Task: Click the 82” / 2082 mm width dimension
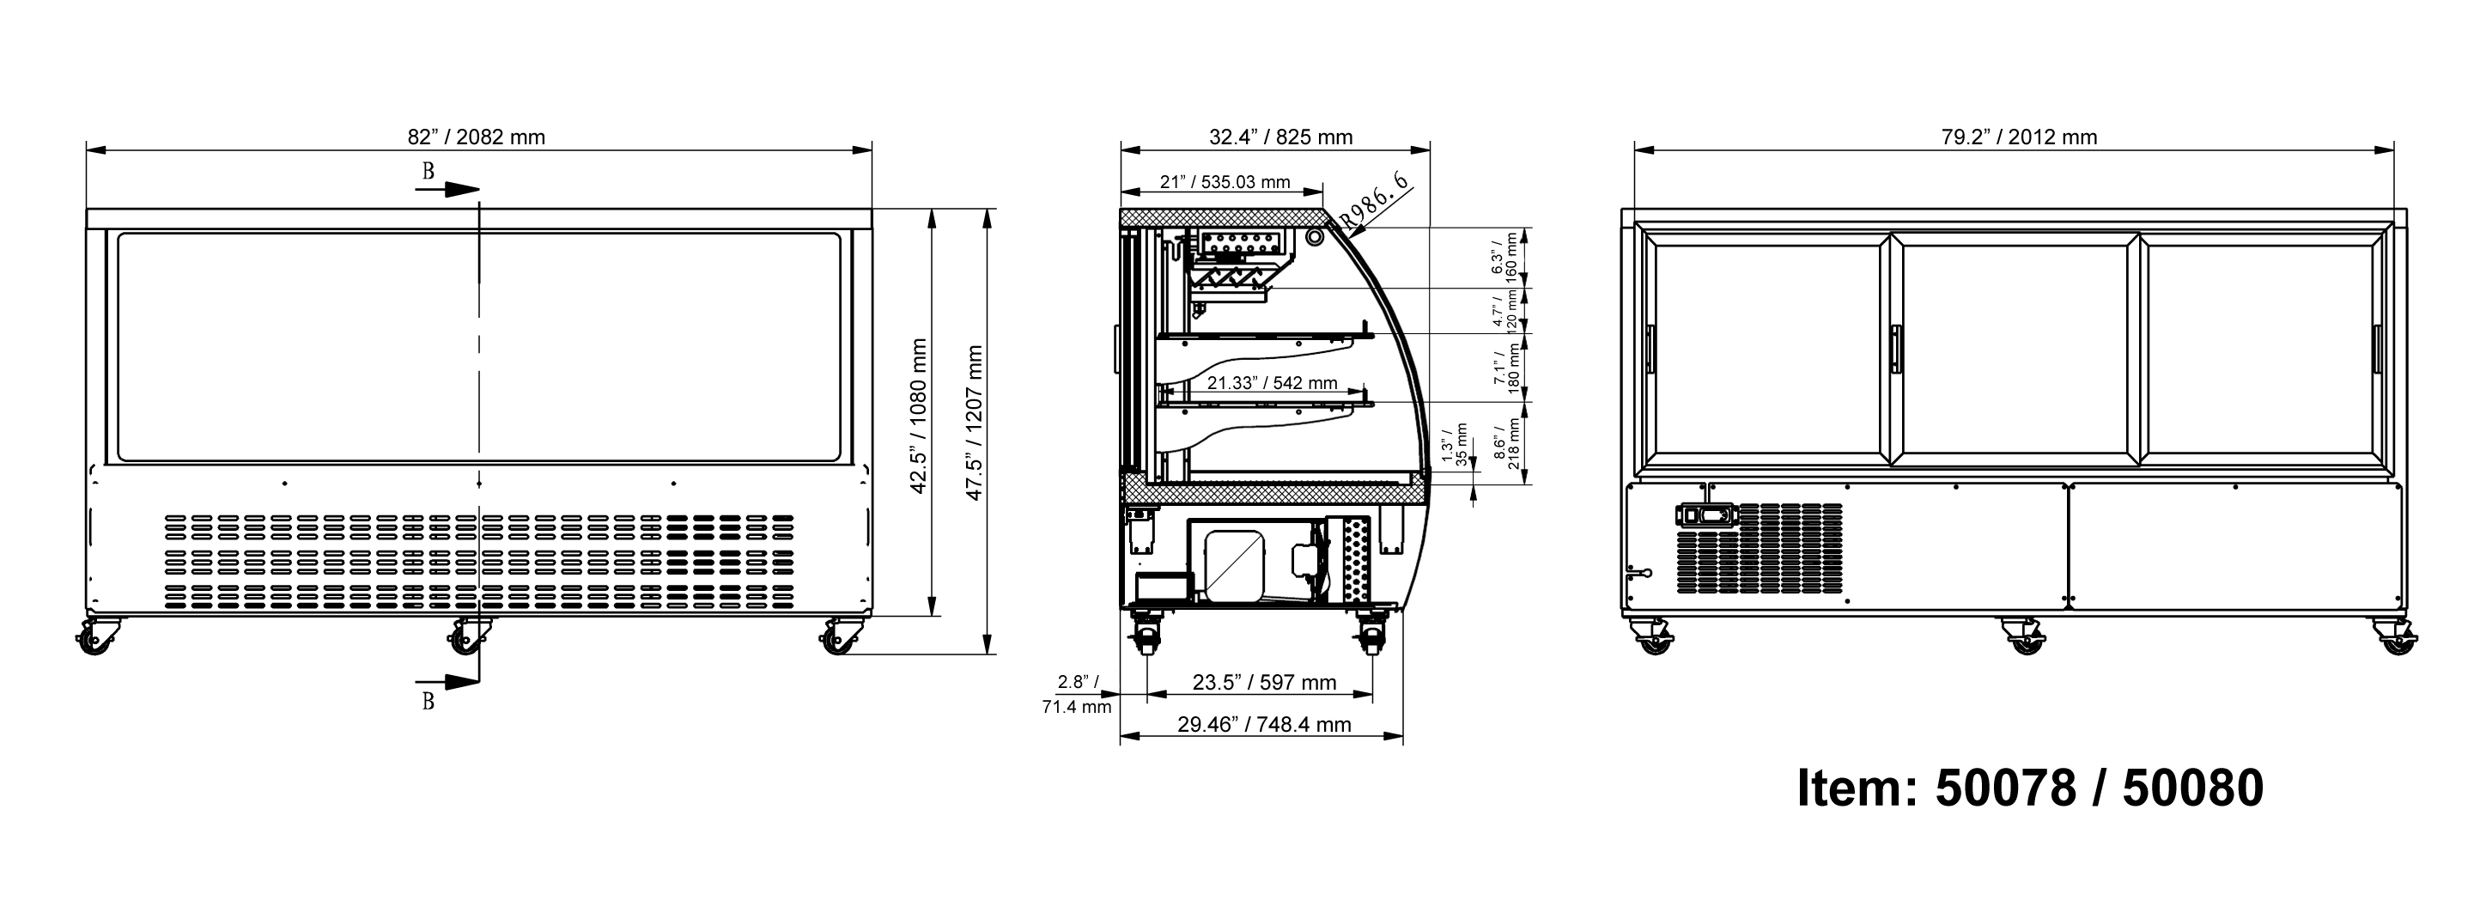pyautogui.click(x=476, y=137)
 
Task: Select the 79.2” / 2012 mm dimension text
pyautogui.click(x=2019, y=137)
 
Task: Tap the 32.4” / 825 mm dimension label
pyautogui.click(x=1280, y=137)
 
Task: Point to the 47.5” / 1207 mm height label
pyautogui.click(x=975, y=423)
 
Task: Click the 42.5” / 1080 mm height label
pyautogui.click(x=919, y=416)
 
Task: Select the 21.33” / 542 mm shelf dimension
pyautogui.click(x=1272, y=383)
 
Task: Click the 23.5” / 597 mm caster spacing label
pyautogui.click(x=1264, y=682)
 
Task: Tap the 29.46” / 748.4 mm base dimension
pyautogui.click(x=1264, y=724)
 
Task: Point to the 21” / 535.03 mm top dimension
pyautogui.click(x=1225, y=182)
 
